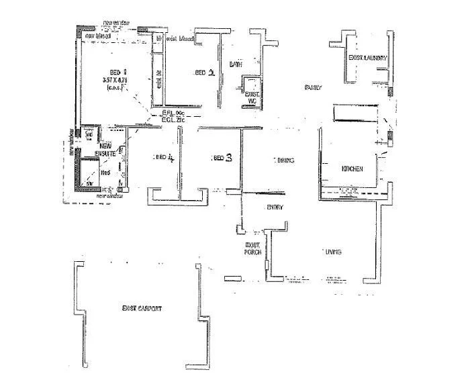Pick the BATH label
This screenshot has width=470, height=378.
pos(235,65)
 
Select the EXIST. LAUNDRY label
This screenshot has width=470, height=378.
pos(367,58)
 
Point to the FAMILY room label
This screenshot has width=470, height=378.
pos(313,87)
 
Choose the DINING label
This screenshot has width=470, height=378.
pos(284,160)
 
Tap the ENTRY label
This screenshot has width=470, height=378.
pos(275,207)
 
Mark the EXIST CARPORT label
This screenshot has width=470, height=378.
pos(141,308)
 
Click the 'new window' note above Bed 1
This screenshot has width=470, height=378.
pos(116,24)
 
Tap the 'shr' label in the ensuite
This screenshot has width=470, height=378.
pos(88,182)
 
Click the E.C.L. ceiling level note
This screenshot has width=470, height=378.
pos(173,121)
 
